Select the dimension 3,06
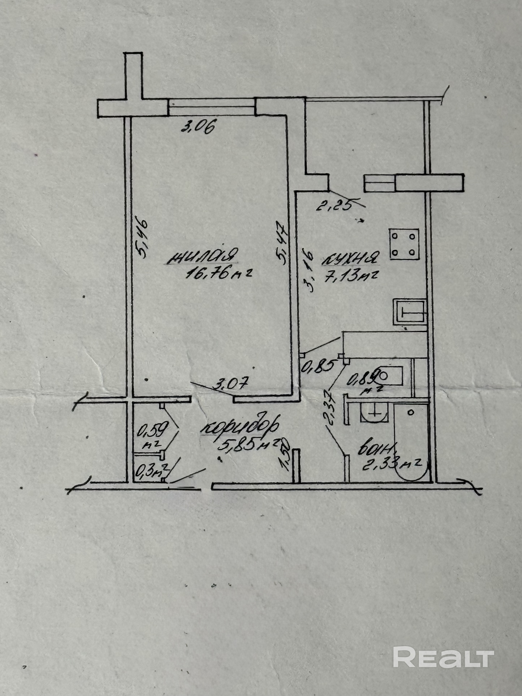pos(198,127)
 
